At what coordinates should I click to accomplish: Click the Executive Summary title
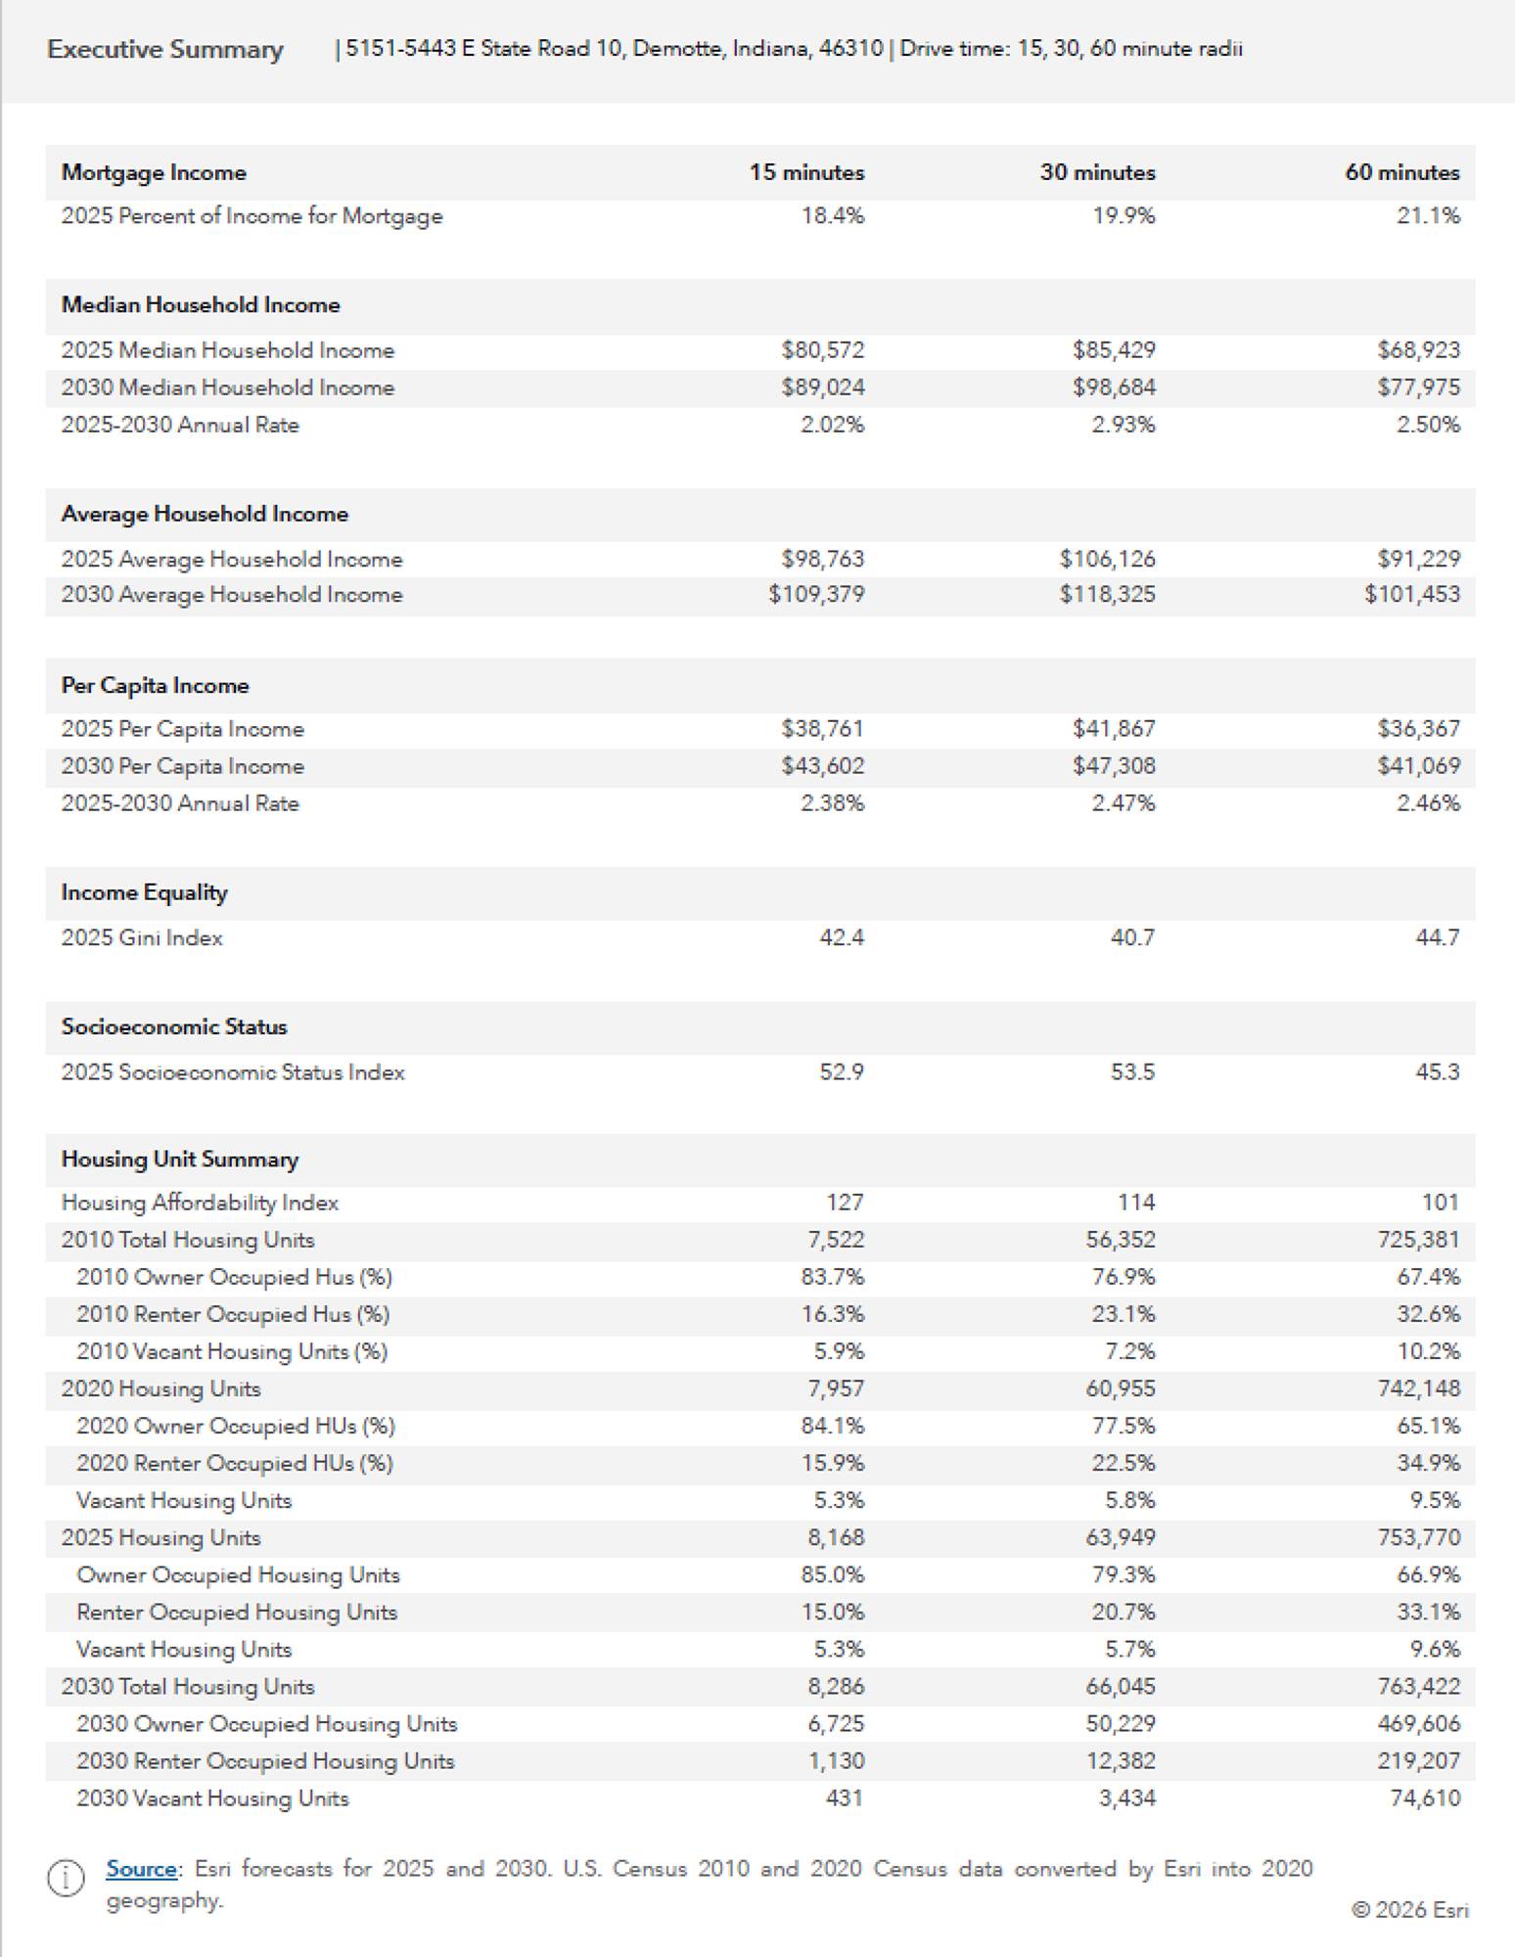tap(164, 50)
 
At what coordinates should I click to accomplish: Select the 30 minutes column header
tap(1097, 172)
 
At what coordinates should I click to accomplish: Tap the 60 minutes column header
tap(1401, 172)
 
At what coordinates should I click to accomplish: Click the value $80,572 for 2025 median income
tap(822, 350)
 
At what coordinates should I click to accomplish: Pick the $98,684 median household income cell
tap(1113, 387)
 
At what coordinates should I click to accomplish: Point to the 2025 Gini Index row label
tap(142, 937)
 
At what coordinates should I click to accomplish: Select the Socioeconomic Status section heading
tap(174, 1026)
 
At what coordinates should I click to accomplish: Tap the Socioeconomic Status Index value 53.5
tap(1132, 1071)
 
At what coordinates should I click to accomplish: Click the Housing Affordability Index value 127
tap(845, 1202)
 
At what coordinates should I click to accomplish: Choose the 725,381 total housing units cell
tap(1417, 1239)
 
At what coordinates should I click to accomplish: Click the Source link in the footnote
tap(142, 1868)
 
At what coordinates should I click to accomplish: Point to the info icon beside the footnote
tap(66, 1879)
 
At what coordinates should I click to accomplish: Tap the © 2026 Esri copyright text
tap(1409, 1910)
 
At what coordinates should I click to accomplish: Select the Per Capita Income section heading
tap(155, 685)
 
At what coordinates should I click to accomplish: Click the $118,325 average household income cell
tap(1107, 594)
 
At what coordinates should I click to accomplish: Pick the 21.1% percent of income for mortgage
tap(1428, 215)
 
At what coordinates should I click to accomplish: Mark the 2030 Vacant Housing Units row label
tap(212, 1798)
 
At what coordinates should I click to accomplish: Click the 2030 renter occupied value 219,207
tap(1418, 1760)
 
